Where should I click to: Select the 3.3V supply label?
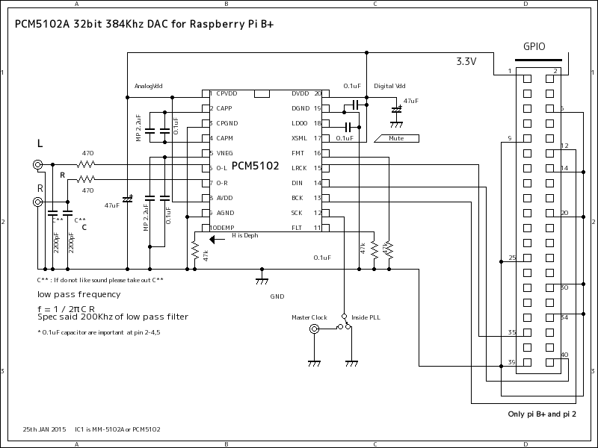(x=466, y=62)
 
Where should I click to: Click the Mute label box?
(x=396, y=138)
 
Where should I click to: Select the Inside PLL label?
(x=366, y=317)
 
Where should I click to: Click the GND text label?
(x=277, y=296)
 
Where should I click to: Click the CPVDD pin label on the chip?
(x=226, y=94)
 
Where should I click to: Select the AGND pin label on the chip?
(x=226, y=213)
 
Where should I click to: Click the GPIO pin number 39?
(x=511, y=362)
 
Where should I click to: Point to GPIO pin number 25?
(x=512, y=258)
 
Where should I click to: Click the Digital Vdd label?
(x=390, y=87)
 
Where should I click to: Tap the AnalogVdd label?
(x=148, y=86)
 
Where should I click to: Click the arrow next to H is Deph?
(x=218, y=240)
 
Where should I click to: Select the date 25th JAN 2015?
(x=45, y=429)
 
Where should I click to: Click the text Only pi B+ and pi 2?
(x=542, y=414)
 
